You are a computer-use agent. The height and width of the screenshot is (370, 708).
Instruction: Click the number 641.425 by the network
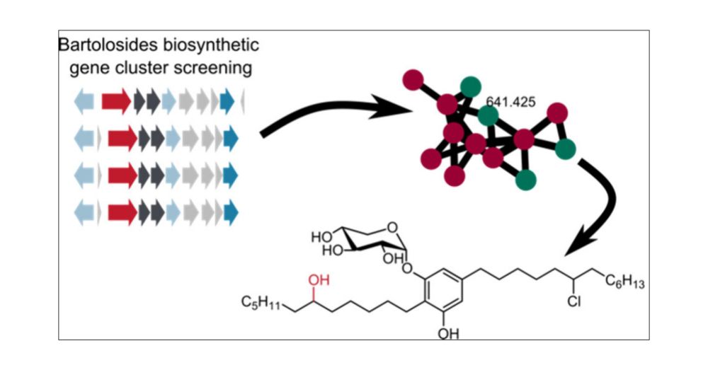pos(510,102)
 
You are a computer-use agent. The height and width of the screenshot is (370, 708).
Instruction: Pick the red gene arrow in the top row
pos(116,101)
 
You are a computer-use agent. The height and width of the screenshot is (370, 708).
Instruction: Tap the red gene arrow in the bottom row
pos(121,211)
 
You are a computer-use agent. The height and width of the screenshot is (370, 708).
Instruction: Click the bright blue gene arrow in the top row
pos(227,101)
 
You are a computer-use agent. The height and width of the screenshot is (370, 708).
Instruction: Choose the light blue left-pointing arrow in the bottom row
pos(84,211)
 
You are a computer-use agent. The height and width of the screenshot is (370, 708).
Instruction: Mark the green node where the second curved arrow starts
pos(566,149)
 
